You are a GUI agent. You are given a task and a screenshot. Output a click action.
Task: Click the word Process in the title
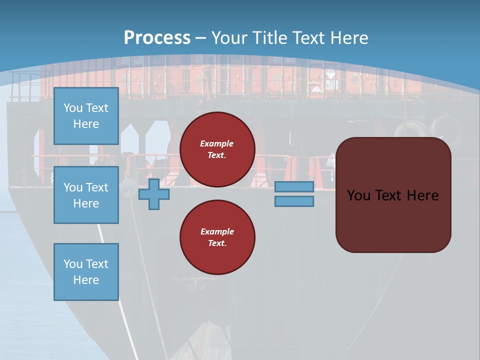[157, 38]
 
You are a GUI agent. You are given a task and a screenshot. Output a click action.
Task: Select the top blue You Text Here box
[86, 116]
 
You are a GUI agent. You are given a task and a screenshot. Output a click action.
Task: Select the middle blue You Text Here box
[86, 195]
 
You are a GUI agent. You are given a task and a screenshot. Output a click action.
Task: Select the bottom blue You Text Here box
[86, 271]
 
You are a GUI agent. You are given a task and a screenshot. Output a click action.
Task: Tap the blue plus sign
[154, 194]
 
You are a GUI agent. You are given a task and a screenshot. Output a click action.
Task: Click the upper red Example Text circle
[217, 149]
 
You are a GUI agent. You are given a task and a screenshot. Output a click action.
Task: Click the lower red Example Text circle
[217, 237]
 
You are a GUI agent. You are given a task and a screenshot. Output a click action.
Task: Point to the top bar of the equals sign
[294, 187]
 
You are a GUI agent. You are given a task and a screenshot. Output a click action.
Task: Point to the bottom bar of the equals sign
[294, 201]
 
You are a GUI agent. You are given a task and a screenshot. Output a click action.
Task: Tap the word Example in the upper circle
[217, 143]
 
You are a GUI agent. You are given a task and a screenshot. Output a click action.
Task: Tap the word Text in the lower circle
[217, 243]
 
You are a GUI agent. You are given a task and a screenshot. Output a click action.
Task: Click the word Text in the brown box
[388, 195]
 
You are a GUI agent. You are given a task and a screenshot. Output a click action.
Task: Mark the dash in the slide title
[200, 38]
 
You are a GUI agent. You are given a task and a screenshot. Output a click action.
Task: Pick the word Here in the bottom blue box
[86, 280]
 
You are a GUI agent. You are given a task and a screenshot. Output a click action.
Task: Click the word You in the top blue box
[72, 108]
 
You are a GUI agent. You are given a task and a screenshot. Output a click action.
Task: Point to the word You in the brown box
[358, 195]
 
